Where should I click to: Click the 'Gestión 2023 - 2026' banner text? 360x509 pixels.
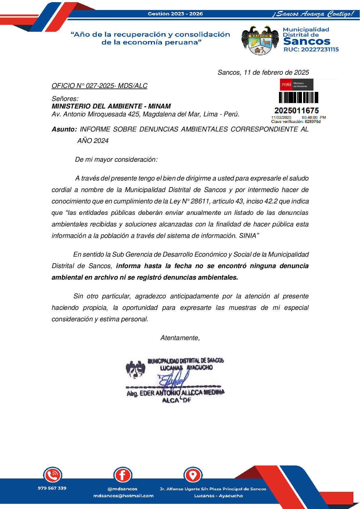(x=175, y=14)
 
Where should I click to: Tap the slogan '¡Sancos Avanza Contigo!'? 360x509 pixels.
(x=313, y=14)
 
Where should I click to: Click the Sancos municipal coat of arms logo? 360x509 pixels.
(x=260, y=40)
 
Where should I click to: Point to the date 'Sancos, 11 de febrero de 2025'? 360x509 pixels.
(x=263, y=73)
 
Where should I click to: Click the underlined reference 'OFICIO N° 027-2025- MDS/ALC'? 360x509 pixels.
(x=99, y=86)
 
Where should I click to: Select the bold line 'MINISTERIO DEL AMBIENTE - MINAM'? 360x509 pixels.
(x=111, y=106)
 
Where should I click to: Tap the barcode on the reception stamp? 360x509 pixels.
(x=298, y=98)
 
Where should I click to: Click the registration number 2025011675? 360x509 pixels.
(x=297, y=111)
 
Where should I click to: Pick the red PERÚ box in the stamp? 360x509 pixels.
(x=286, y=85)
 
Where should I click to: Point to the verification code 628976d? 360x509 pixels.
(x=313, y=122)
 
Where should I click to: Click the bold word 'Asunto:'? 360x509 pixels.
(x=64, y=129)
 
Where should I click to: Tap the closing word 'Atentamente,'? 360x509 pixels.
(x=180, y=338)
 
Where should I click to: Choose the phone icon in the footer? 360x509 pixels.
(x=53, y=475)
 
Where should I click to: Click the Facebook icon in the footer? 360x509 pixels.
(x=123, y=475)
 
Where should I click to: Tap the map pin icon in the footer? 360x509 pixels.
(x=193, y=475)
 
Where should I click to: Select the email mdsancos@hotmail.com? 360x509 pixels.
(x=123, y=496)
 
